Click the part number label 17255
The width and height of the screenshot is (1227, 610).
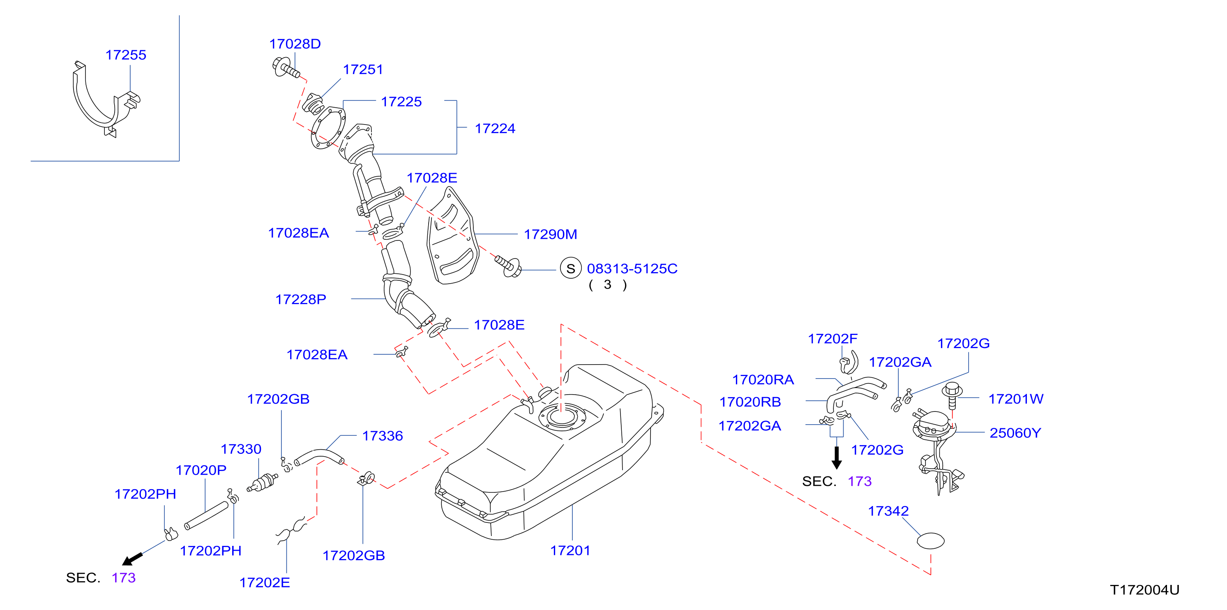point(126,55)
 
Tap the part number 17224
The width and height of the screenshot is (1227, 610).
point(495,128)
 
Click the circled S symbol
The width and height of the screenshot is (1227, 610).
point(571,269)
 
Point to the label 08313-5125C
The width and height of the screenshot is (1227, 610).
point(632,269)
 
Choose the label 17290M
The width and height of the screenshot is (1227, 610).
point(550,234)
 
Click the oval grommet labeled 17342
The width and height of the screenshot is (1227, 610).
point(931,541)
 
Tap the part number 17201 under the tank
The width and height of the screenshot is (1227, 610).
point(570,550)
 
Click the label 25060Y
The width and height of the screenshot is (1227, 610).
point(1015,433)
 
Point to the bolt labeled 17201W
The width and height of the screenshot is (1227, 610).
point(952,395)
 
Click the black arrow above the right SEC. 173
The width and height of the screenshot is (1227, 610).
point(836,457)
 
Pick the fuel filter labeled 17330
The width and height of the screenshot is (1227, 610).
point(263,482)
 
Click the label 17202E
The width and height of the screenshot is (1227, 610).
point(264,582)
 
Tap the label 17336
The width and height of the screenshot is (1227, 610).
point(383,436)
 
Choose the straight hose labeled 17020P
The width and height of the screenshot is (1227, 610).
point(206,515)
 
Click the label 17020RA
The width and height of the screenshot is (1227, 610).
point(763,379)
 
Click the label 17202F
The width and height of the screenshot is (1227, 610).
point(833,338)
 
